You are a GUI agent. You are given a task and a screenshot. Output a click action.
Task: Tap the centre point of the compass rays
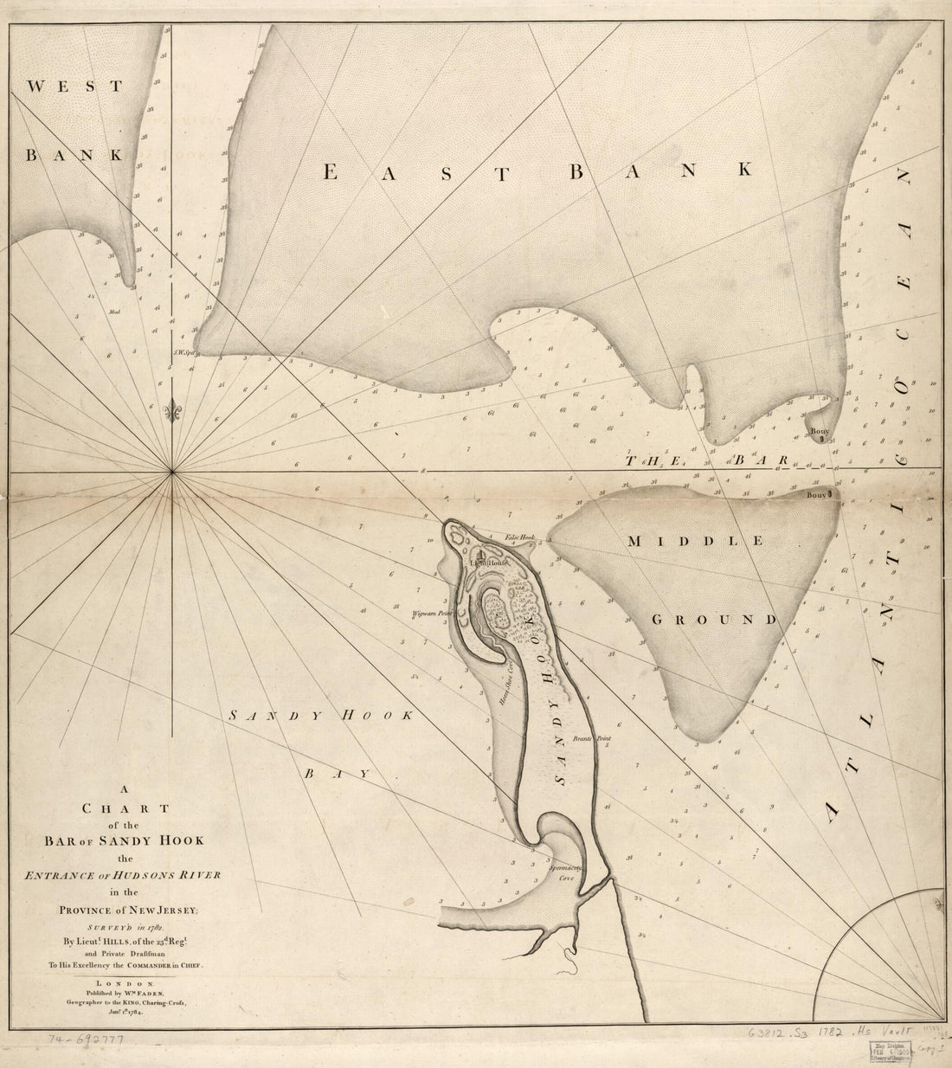pyautogui.click(x=173, y=472)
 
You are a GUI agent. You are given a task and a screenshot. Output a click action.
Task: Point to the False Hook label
pyautogui.click(x=522, y=538)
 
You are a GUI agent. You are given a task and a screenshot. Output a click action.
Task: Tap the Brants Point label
pyautogui.click(x=589, y=740)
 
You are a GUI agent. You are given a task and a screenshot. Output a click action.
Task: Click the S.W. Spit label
pyautogui.click(x=180, y=351)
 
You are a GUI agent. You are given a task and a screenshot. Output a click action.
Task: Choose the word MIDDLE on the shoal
pyautogui.click(x=695, y=541)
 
